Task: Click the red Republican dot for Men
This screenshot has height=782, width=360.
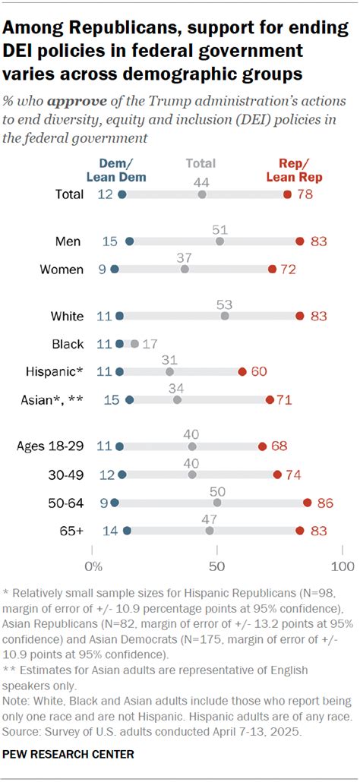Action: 300,241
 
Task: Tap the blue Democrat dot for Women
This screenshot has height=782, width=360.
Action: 115,269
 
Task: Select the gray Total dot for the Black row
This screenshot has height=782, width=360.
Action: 134,344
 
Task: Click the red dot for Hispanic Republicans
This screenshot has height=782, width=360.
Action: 242,371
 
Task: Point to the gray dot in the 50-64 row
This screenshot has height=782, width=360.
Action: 217,503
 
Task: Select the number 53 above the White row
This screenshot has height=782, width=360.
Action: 225,304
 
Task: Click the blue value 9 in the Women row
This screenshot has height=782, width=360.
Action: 100,269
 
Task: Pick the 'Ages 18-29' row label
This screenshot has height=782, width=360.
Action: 50,446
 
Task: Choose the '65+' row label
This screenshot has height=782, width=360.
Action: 72,530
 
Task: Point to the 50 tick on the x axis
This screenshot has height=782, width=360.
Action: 217,566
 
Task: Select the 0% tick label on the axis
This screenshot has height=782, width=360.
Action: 93,566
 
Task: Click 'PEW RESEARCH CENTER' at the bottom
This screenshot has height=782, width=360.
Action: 68,754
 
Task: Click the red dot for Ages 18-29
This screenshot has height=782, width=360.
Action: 263,446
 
